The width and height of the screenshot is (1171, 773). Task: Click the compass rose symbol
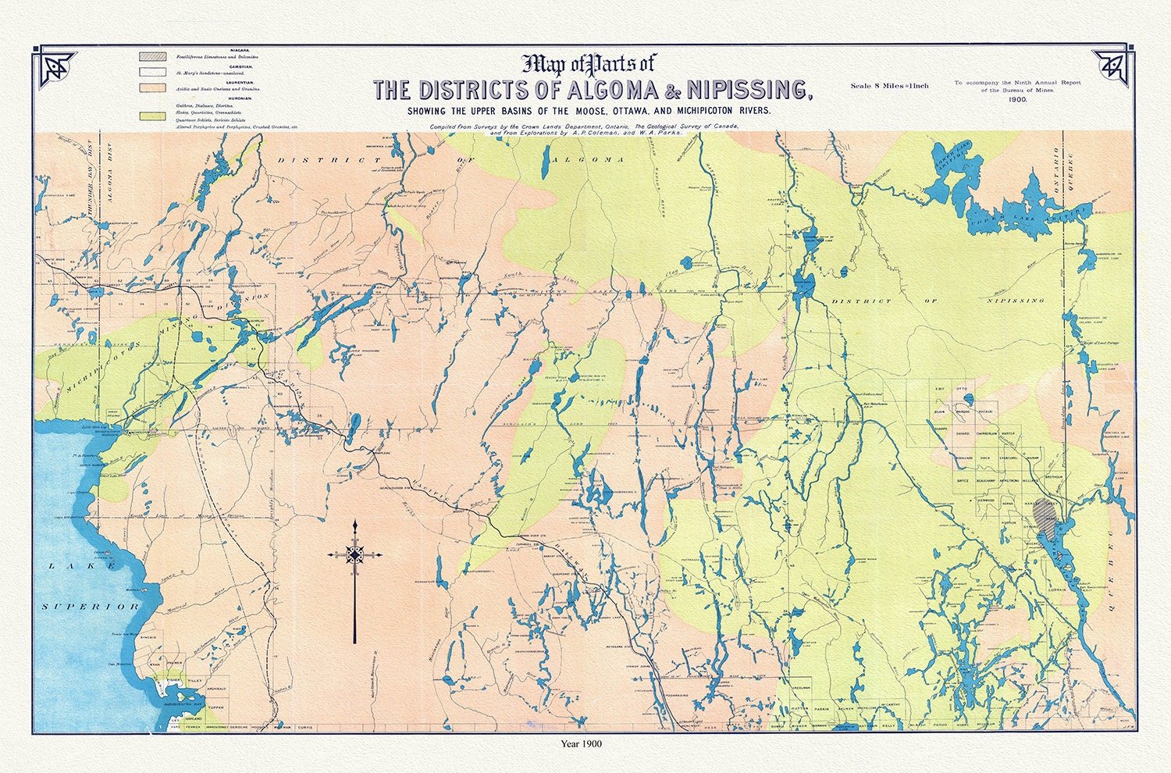(x=355, y=554)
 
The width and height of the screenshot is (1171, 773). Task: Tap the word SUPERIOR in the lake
(x=91, y=606)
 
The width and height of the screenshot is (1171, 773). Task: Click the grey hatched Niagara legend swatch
(x=151, y=56)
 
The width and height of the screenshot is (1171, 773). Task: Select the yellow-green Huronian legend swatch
(x=151, y=116)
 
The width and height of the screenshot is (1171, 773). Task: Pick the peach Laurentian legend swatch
(x=151, y=87)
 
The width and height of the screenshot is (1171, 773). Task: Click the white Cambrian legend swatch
(x=151, y=72)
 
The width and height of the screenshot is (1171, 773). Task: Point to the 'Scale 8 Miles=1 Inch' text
(x=889, y=86)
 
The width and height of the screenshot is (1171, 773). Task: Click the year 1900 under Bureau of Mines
(x=1016, y=100)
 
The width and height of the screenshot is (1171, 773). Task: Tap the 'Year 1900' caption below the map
(x=582, y=744)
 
